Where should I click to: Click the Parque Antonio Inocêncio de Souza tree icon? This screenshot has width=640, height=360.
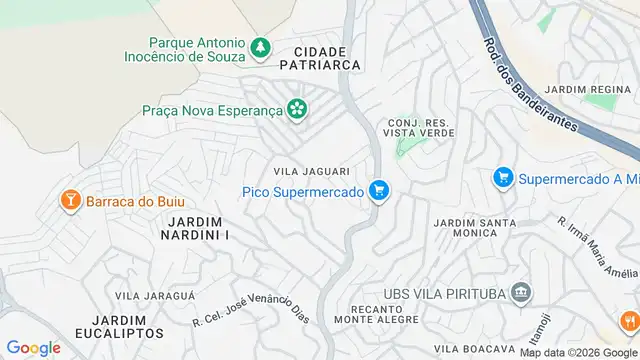[260, 46]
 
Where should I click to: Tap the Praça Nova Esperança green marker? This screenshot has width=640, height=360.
[296, 108]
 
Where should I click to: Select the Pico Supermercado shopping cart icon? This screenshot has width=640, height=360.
[378, 190]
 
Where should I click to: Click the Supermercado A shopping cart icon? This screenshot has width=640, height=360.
[503, 178]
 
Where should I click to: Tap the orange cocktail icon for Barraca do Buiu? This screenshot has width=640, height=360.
[71, 200]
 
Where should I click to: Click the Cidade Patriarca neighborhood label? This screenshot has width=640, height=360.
[321, 57]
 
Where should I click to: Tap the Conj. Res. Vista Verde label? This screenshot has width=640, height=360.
[419, 128]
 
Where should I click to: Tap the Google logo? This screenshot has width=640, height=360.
[33, 347]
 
